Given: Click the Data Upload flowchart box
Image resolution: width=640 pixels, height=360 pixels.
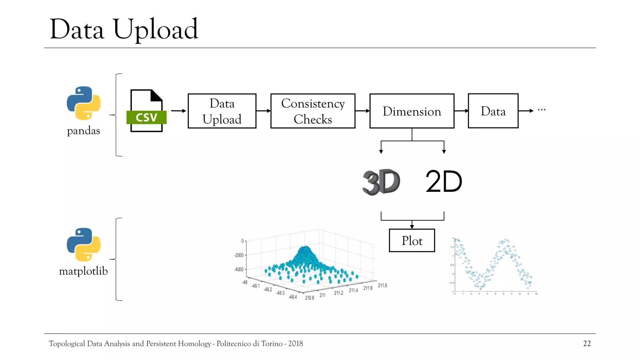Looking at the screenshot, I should (x=222, y=111).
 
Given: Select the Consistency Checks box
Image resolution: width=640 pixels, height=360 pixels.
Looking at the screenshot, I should (x=313, y=111).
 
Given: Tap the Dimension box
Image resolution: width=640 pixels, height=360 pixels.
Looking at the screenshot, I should (x=412, y=111).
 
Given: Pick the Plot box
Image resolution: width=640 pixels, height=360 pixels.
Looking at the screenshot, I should (x=412, y=241).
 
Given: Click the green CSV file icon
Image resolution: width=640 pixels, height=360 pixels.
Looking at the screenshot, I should (x=146, y=111).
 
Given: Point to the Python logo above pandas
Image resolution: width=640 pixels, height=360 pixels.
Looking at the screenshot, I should (x=83, y=103).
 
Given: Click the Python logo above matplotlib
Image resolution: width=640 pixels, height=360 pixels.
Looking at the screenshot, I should (x=83, y=244).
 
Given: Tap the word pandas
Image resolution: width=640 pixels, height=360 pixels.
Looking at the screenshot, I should (x=83, y=131).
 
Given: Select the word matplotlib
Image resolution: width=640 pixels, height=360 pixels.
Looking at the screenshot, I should (x=83, y=271).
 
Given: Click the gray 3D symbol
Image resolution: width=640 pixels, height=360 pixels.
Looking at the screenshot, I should (x=381, y=182).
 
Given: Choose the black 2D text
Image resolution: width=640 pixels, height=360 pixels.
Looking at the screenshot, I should (x=444, y=182).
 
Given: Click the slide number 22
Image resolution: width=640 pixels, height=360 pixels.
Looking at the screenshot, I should (x=587, y=343).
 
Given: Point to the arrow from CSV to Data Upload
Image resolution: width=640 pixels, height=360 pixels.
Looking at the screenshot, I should (x=178, y=111).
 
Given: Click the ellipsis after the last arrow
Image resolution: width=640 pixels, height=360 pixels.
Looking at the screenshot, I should (x=542, y=110).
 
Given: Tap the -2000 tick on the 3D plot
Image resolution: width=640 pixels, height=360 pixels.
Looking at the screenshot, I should (x=239, y=255).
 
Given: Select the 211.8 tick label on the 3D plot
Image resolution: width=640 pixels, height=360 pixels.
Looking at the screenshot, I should (x=382, y=285).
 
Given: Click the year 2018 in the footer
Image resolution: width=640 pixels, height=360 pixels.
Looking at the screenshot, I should (x=295, y=343).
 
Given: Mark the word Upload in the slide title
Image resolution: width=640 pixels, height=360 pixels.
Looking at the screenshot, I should (x=156, y=30).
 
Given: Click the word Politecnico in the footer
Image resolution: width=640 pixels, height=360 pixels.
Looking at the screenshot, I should (x=233, y=343).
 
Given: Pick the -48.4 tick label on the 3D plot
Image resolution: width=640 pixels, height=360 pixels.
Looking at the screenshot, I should (x=292, y=297).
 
